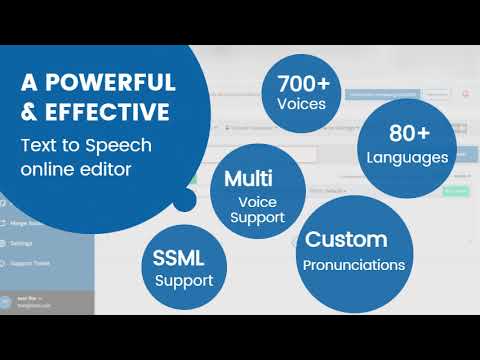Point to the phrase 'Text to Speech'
(x=84, y=144)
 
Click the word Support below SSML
(x=184, y=281)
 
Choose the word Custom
(x=346, y=240)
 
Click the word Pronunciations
(x=355, y=265)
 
